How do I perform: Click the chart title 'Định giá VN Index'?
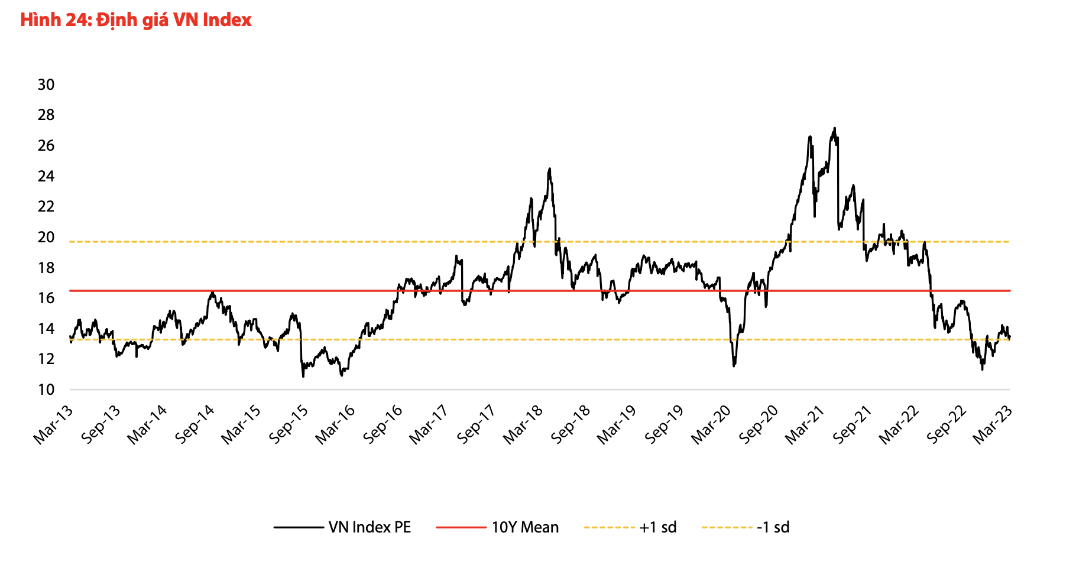coord(136,20)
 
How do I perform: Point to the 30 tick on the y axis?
coord(46,85)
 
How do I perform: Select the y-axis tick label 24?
coord(46,176)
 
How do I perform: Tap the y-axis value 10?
coord(46,389)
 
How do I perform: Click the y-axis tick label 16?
coord(46,298)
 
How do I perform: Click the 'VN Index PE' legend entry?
coord(370,527)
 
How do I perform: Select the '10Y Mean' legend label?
coord(525,527)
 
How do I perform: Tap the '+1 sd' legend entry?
coord(657,527)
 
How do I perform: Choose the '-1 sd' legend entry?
coord(773,527)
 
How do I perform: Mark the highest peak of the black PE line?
coord(834,128)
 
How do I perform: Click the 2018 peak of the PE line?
coord(550,169)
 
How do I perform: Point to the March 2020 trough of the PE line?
coord(734,366)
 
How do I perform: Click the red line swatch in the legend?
coord(461,527)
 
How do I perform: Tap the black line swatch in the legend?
coord(299,527)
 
